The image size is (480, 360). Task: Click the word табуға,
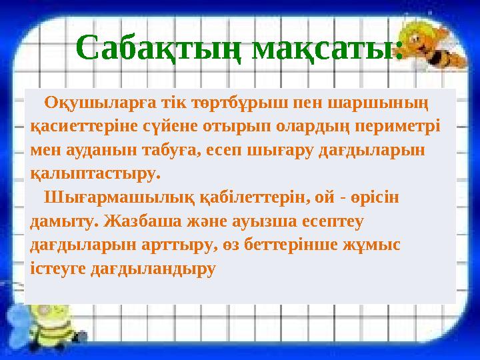point(169,150)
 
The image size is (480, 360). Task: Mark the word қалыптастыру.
point(96,173)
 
